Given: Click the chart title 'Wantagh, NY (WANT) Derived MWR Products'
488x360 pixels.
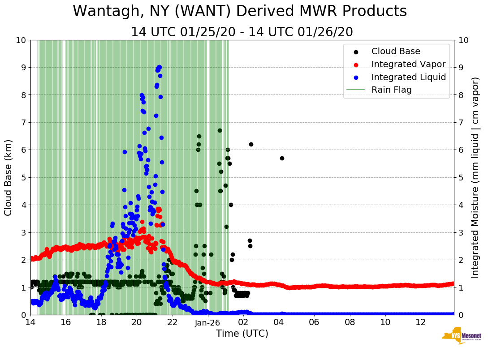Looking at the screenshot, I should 240,12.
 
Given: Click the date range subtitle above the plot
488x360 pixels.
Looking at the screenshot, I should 242,32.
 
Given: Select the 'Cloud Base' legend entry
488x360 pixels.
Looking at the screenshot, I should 396,51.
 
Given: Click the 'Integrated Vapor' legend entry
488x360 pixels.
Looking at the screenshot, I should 408,64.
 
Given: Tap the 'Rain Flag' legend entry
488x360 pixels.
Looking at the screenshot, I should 391,90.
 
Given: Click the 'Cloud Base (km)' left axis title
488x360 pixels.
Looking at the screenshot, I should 9,177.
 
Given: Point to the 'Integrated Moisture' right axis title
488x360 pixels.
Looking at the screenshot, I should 475,177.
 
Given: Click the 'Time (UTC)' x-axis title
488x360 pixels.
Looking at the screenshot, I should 242,334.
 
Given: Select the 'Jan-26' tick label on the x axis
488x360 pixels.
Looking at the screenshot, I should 207,322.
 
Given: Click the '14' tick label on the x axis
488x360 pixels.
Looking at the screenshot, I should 30,322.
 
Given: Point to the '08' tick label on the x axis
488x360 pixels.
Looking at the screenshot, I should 350,322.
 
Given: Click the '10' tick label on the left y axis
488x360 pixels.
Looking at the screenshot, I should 20,40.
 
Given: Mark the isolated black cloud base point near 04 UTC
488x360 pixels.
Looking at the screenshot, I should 282,158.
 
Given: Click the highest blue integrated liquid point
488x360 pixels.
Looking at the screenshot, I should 159,67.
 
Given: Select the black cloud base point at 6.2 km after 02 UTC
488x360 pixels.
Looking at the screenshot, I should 251,144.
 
